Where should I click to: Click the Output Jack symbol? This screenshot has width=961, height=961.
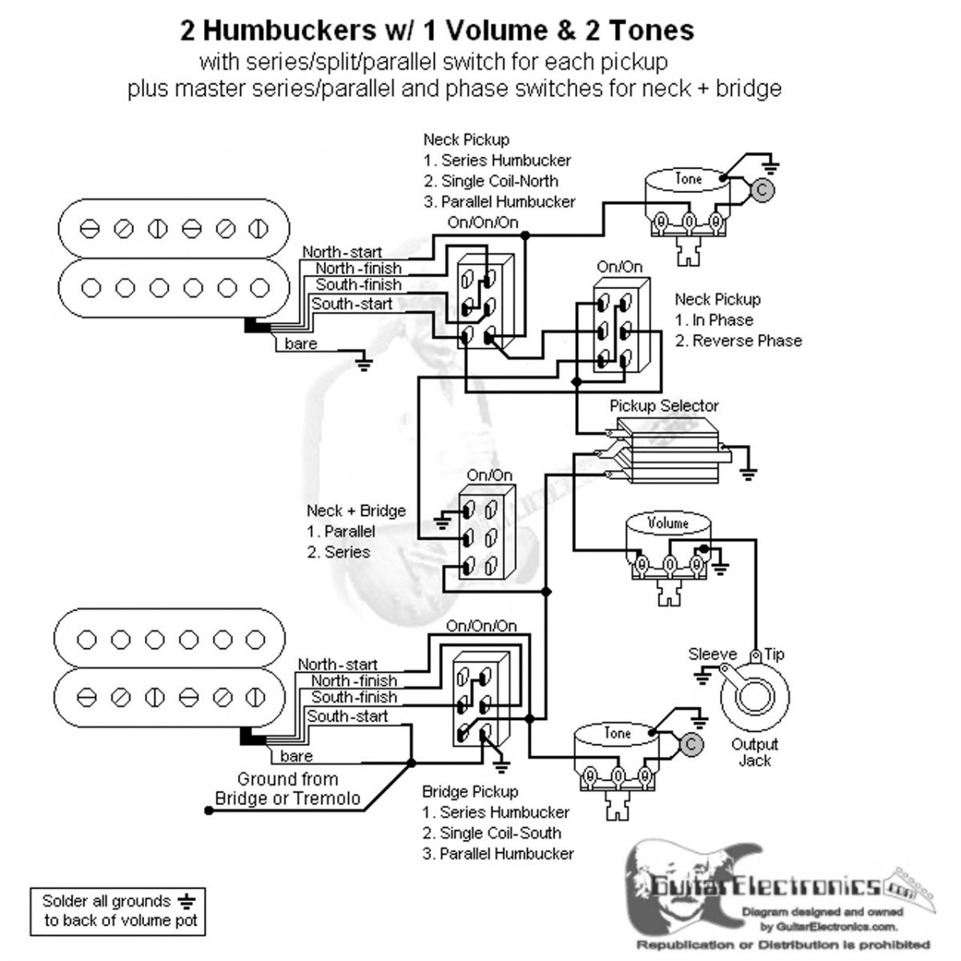pos(754,694)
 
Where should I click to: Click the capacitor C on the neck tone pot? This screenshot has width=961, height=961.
pos(764,191)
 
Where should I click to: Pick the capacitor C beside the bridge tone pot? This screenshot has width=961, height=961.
pos(691,745)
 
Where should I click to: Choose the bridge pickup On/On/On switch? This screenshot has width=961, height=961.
pos(480,702)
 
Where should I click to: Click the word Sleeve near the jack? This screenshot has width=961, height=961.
pos(712,654)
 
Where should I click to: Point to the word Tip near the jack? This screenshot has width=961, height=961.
pos(774,654)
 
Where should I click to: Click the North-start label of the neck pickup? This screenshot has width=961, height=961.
pos(342,252)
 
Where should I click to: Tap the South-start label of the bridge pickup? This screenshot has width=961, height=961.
pos(348,716)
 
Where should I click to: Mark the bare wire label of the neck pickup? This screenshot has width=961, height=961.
pos(301,344)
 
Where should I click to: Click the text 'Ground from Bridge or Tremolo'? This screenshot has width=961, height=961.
pos(287,789)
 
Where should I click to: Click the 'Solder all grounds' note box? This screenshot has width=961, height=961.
pos(118,911)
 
